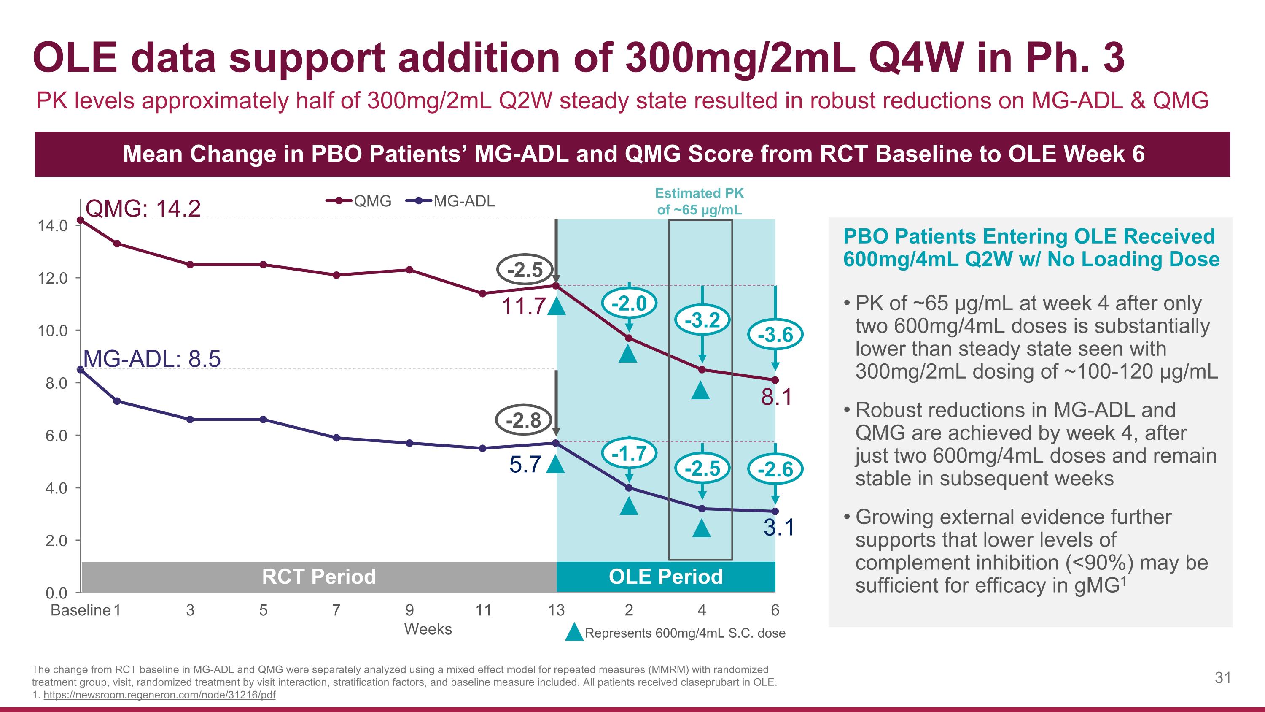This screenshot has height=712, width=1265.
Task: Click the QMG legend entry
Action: click(x=359, y=201)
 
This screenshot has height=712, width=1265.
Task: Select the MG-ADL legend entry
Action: click(x=451, y=201)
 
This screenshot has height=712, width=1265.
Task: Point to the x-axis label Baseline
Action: click(x=81, y=610)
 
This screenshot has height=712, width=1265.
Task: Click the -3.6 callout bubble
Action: click(x=775, y=335)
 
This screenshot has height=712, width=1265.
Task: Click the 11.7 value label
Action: click(x=523, y=306)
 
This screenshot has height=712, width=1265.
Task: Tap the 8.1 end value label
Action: click(x=776, y=397)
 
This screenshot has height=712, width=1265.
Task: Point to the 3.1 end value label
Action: click(x=778, y=528)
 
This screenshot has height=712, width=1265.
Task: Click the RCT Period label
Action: click(x=319, y=577)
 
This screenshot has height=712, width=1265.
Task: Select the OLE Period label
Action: click(x=665, y=577)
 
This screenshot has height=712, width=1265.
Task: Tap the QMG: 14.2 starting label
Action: click(x=143, y=208)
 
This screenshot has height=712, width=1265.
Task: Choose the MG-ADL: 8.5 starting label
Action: click(x=152, y=359)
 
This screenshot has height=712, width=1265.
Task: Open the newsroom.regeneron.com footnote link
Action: click(x=159, y=695)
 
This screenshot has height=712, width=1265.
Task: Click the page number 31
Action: click(x=1223, y=678)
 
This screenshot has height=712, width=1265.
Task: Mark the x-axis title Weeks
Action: click(x=428, y=629)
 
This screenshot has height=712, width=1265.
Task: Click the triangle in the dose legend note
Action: click(x=573, y=632)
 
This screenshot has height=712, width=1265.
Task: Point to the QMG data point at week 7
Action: click(x=336, y=275)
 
